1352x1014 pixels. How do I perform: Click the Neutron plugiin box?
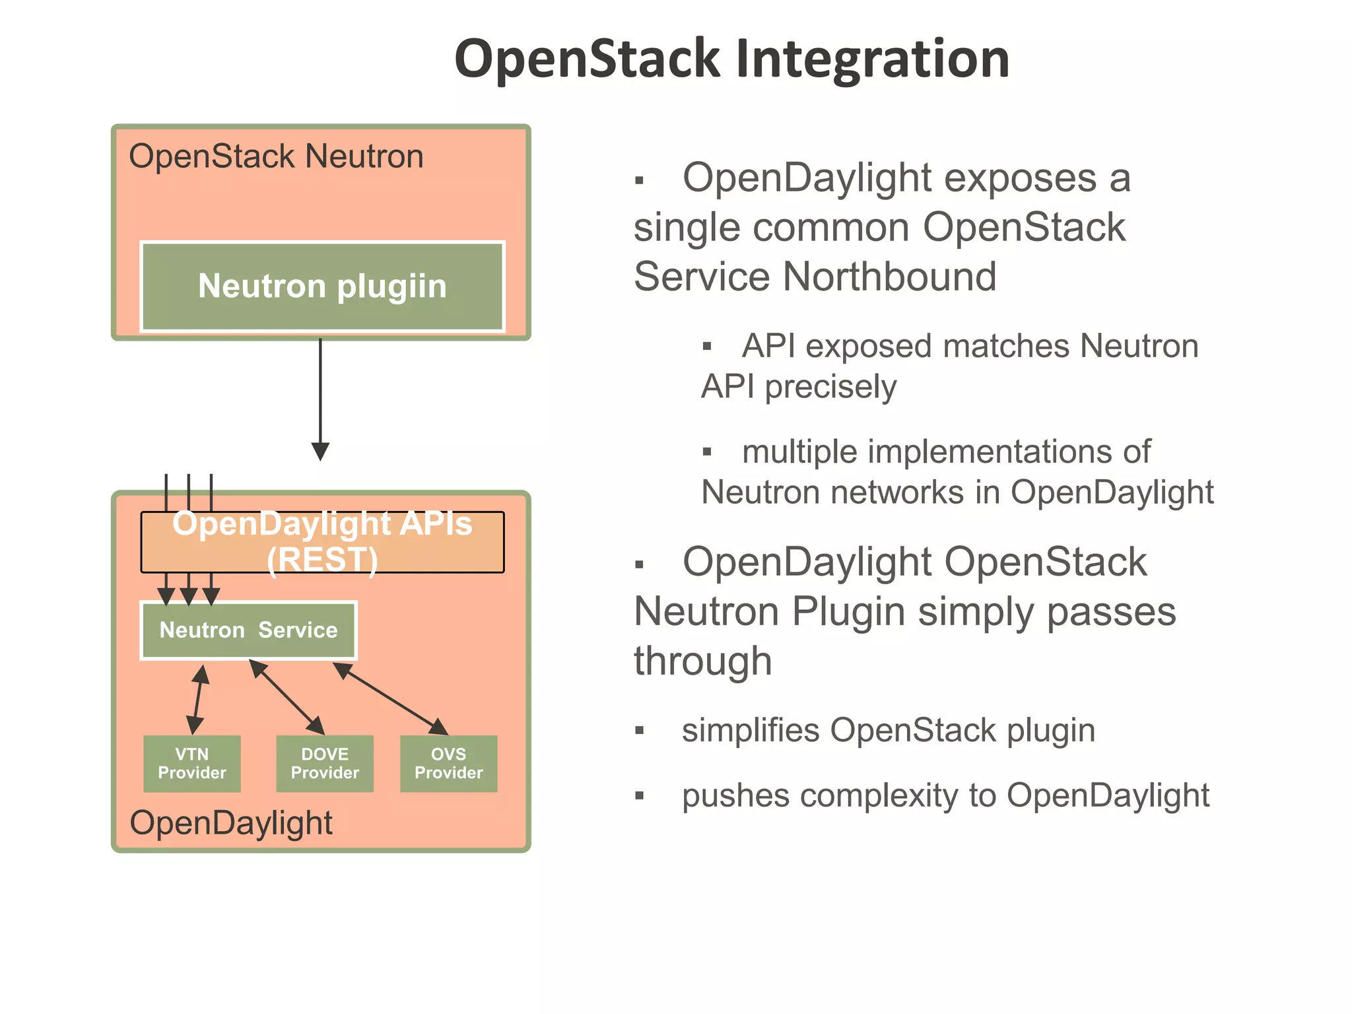point(322,287)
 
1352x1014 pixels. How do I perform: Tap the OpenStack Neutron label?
point(276,157)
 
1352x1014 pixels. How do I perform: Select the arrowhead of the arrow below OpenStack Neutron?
point(320,452)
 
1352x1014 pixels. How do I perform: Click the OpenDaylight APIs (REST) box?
point(322,542)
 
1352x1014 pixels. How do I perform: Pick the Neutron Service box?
point(248,630)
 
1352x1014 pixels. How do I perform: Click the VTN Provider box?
point(192,764)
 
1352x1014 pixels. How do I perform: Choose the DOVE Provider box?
point(325,764)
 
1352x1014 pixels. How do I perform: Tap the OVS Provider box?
point(449,764)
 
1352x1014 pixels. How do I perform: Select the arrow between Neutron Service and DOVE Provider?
point(287,697)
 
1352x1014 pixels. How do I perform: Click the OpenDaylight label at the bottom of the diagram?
point(231,823)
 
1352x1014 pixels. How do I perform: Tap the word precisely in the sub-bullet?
point(830,387)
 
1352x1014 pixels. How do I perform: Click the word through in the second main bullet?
point(702,661)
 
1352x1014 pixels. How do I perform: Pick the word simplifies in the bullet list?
point(751,731)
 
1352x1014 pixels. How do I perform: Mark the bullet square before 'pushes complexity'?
point(639,796)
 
